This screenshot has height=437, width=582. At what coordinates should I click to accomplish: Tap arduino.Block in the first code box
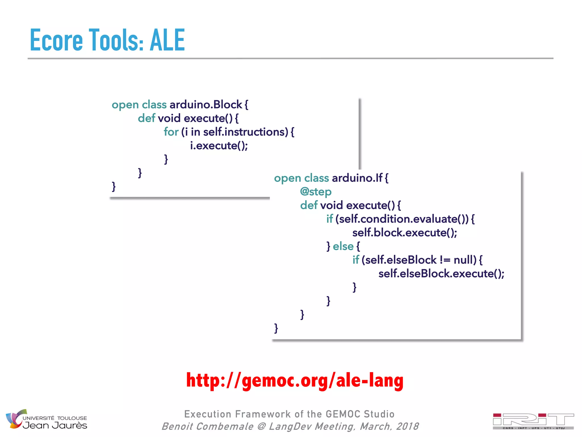(x=206, y=105)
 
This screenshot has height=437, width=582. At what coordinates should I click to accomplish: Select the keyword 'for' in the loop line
(x=171, y=132)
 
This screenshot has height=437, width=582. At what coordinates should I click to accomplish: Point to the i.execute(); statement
(x=219, y=146)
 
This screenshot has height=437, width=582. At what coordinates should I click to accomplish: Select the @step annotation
(x=316, y=192)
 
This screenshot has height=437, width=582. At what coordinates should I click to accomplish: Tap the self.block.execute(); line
(x=404, y=233)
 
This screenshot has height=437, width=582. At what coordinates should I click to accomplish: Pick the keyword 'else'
(x=343, y=246)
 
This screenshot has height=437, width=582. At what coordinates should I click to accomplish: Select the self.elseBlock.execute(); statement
(x=441, y=274)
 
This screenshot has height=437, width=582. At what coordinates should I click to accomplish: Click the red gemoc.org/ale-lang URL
(x=295, y=381)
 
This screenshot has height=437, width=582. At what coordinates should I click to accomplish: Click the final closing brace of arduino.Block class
(x=114, y=187)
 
